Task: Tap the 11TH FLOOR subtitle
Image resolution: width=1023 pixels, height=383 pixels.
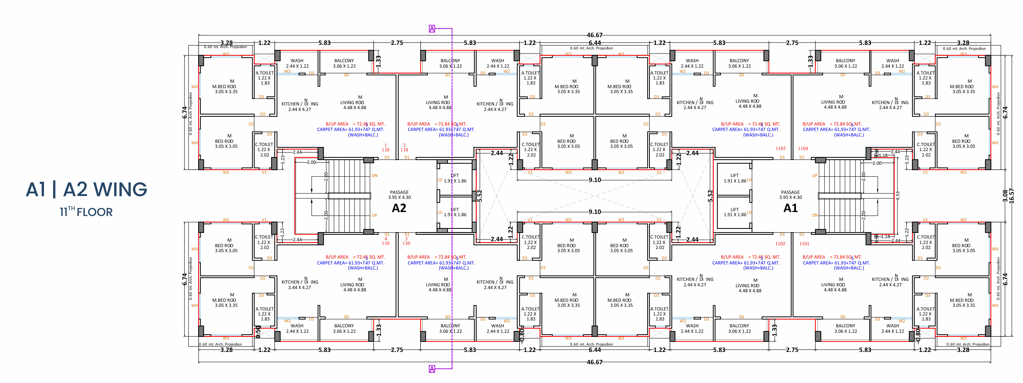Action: click(86, 211)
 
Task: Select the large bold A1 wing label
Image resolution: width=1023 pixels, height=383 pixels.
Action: click(790, 208)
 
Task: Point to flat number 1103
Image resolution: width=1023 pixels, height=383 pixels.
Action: click(780, 148)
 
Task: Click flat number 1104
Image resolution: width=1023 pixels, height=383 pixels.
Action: click(803, 148)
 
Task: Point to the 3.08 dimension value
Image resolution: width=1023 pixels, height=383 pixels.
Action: click(1005, 196)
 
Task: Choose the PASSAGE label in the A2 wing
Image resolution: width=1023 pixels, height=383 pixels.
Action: click(399, 192)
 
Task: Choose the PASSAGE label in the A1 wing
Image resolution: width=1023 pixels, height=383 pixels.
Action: click(790, 192)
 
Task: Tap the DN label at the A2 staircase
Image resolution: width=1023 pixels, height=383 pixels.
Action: click(375, 175)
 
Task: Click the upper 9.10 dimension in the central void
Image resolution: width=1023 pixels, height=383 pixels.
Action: click(594, 180)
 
